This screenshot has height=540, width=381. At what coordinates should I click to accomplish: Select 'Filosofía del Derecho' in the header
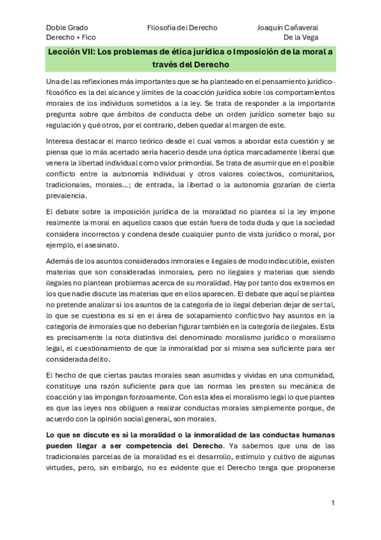[182, 28]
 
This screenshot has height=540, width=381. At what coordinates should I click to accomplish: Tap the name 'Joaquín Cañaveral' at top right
[287, 28]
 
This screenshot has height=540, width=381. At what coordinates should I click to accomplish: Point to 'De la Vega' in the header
[301, 38]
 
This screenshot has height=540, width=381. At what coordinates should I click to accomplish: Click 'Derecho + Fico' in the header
[69, 38]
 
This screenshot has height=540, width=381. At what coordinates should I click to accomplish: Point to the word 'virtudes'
[62, 469]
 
